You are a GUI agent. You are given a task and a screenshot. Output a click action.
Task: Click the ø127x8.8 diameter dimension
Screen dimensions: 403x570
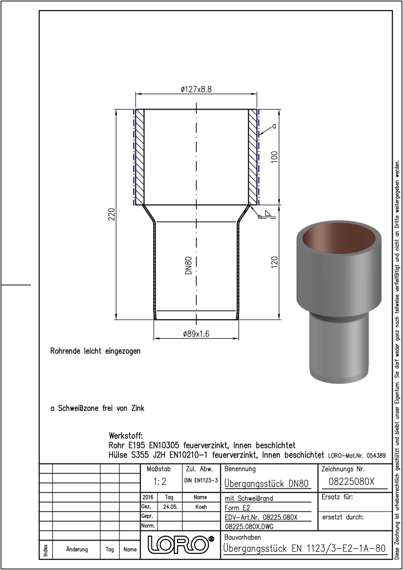click(x=196, y=89)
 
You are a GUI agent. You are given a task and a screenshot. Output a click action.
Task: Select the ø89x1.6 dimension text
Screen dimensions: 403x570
click(x=196, y=333)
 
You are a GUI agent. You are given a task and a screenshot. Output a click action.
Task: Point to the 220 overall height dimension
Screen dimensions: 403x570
click(x=112, y=214)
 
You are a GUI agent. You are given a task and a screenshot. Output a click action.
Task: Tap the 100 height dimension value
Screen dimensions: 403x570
click(x=275, y=157)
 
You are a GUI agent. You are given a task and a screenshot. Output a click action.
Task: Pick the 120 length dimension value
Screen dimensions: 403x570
click(x=275, y=262)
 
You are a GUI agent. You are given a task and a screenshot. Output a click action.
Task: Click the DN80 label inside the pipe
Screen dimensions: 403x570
click(x=188, y=266)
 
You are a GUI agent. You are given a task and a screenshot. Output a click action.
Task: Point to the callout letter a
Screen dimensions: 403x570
click(x=274, y=126)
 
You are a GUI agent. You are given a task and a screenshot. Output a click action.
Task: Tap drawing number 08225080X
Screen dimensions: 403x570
click(x=351, y=482)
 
